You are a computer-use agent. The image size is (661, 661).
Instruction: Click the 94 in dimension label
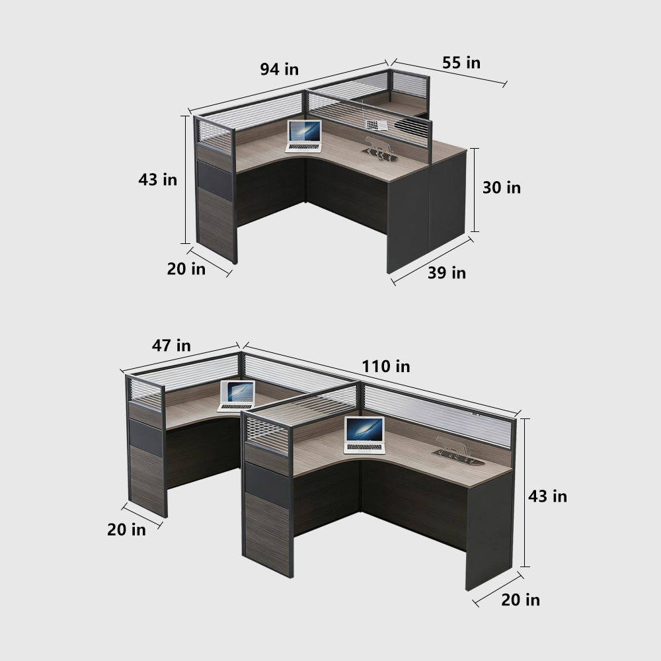[278, 69]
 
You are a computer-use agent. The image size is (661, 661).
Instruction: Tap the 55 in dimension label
[461, 63]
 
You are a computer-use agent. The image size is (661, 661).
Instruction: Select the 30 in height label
[501, 188]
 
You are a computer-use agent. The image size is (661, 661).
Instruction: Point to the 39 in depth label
[446, 272]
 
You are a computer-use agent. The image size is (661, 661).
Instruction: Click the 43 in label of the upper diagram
[157, 178]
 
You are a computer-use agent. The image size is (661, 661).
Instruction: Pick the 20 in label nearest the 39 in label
[186, 269]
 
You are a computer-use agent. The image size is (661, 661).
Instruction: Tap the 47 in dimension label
[171, 345]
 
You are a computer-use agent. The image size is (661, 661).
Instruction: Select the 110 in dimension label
[385, 366]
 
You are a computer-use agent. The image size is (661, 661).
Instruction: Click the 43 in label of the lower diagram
[547, 496]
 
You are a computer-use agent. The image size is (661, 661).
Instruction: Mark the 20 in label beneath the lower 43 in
[520, 600]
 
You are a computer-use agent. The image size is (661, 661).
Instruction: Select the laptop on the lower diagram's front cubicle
[364, 435]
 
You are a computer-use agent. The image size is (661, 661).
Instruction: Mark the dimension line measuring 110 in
[380, 382]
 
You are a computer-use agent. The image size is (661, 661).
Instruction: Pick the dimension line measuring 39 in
[433, 261]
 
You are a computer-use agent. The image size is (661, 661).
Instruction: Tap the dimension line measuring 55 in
[449, 73]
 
